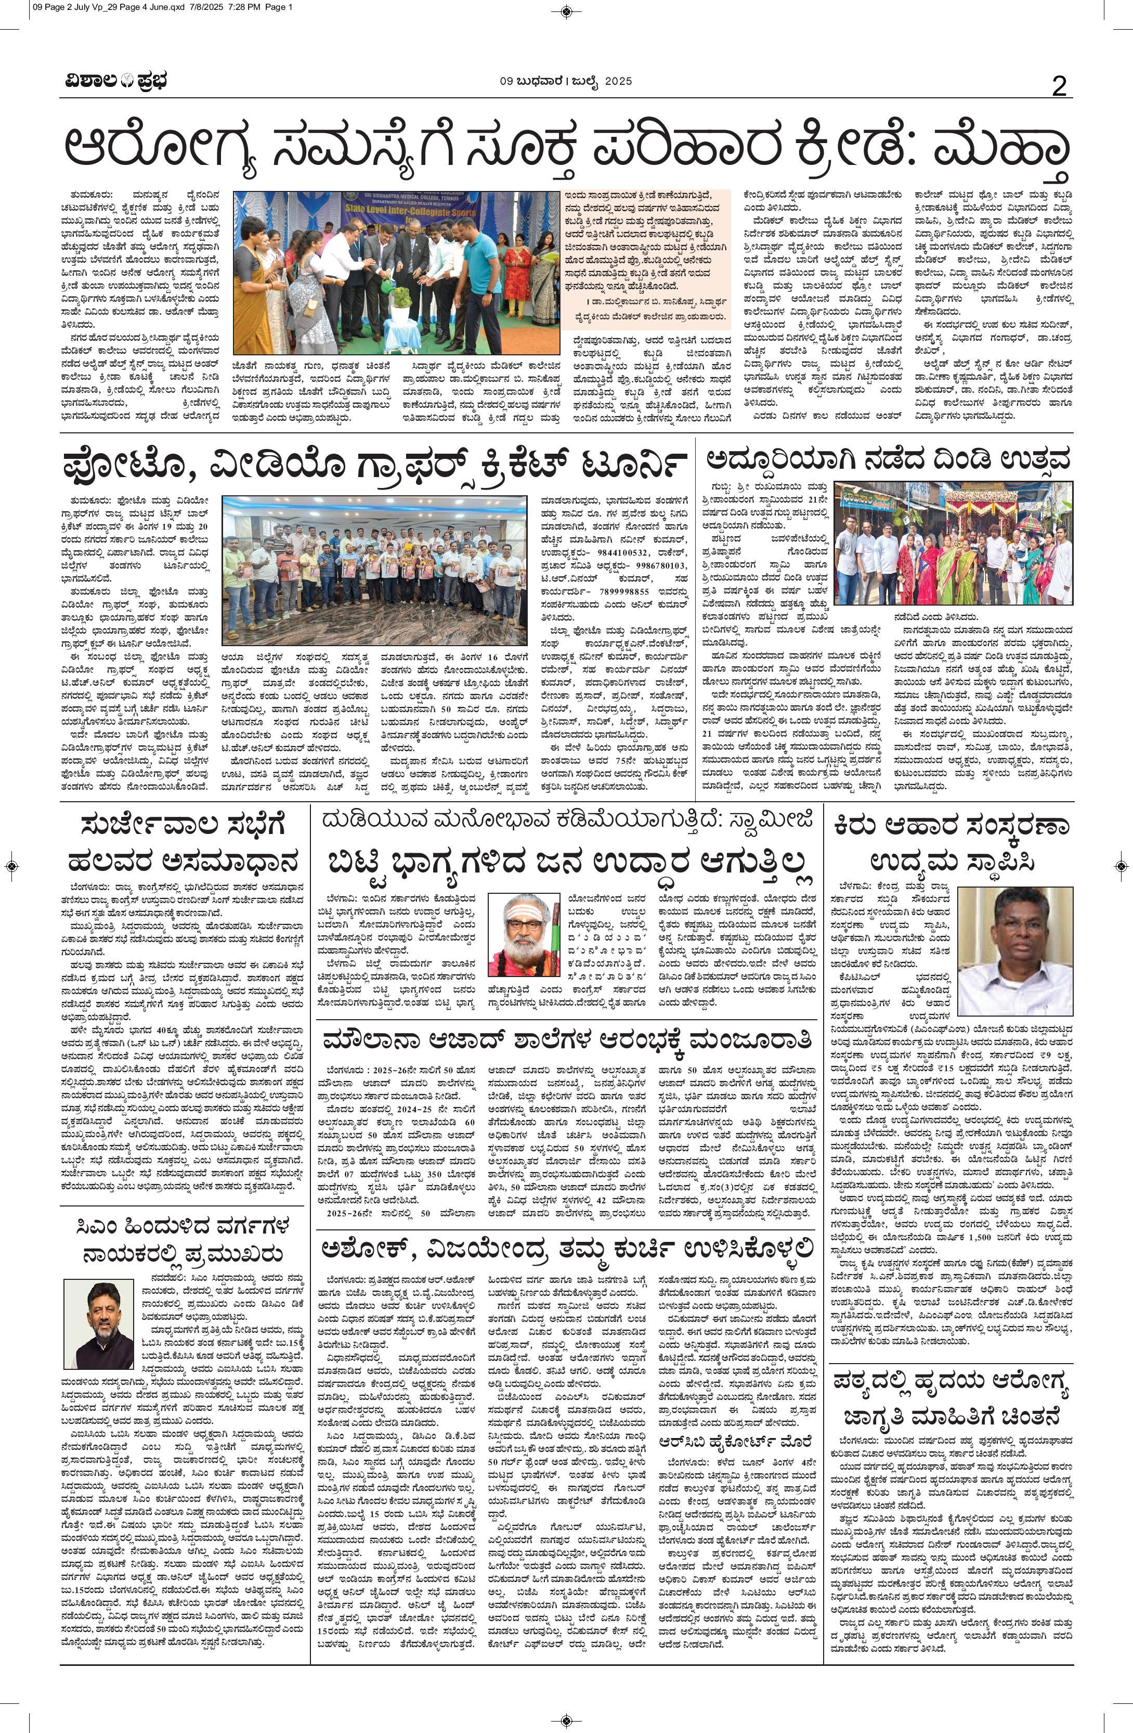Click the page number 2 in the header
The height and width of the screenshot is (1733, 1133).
(x=1059, y=88)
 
